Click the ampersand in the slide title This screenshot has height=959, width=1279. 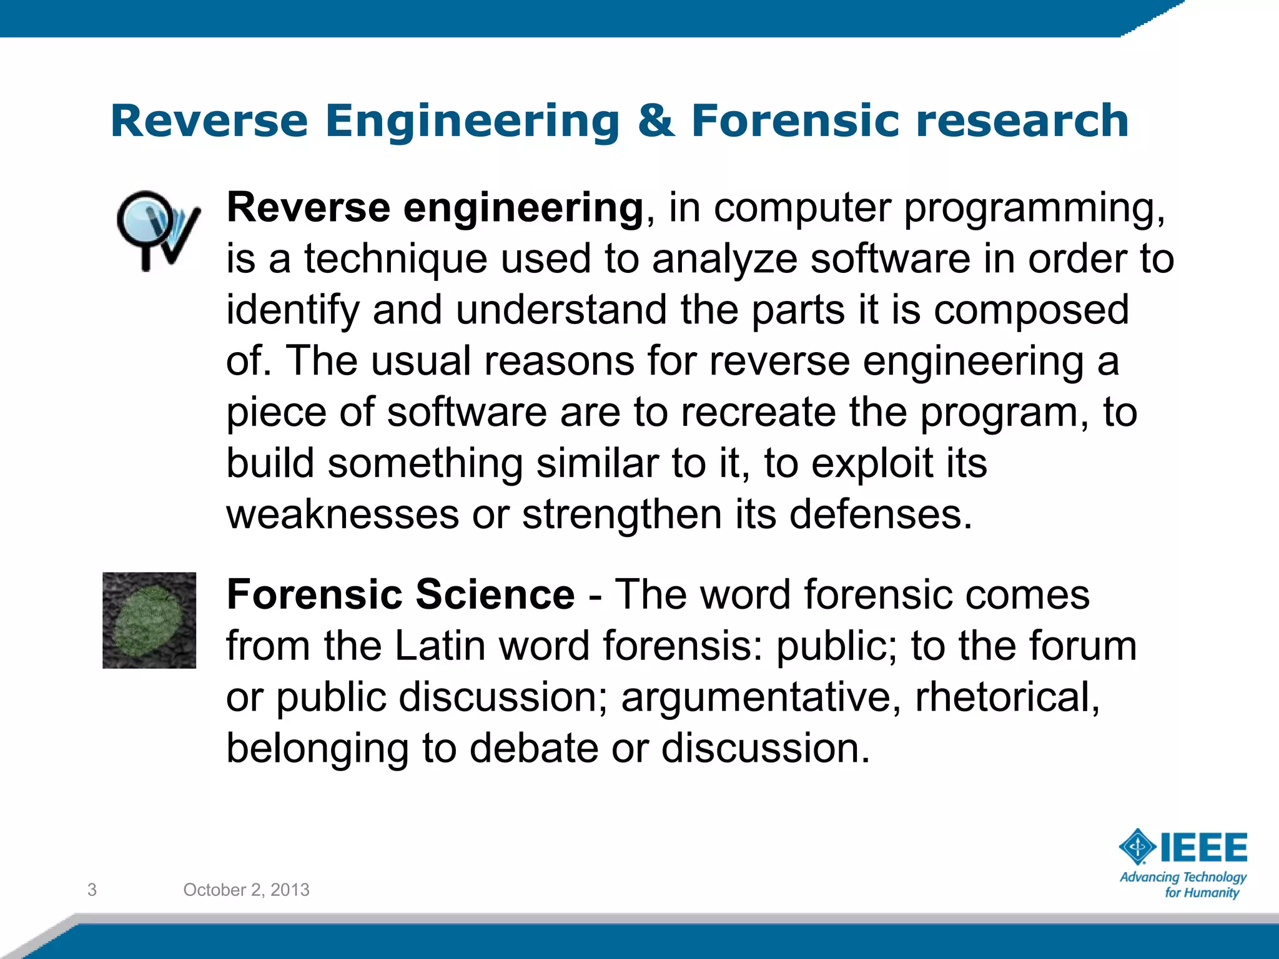click(656, 121)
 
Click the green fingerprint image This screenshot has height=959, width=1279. click(149, 620)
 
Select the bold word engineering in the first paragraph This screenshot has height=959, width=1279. click(523, 208)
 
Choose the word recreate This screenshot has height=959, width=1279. click(758, 413)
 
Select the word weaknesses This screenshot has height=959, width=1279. click(342, 515)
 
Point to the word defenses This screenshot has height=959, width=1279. click(881, 515)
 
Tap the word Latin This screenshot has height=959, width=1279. click(440, 646)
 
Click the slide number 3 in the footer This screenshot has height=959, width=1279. click(92, 890)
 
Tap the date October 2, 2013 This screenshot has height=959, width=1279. click(246, 890)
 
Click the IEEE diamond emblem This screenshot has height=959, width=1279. click(1138, 847)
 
